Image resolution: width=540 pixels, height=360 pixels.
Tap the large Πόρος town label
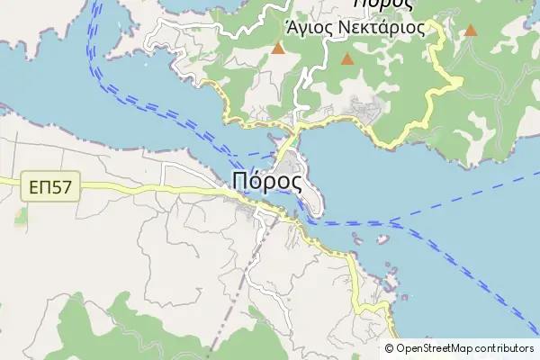266,180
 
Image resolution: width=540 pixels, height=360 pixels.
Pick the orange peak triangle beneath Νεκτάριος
347,60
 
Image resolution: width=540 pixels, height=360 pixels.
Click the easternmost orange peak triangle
470,31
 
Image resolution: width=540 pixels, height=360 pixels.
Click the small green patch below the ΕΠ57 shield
20,217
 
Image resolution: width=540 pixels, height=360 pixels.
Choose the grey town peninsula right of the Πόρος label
305,184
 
